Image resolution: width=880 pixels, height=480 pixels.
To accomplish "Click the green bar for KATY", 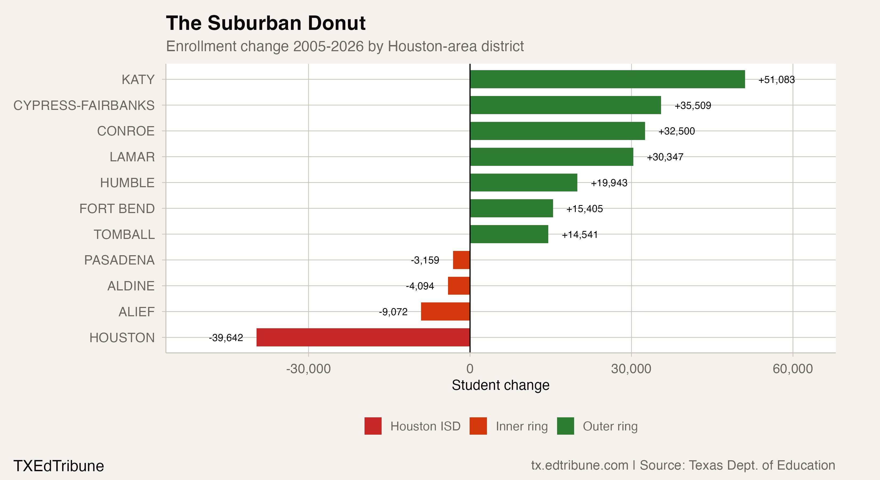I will [x=607, y=79].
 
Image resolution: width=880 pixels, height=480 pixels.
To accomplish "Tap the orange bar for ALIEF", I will [x=445, y=311].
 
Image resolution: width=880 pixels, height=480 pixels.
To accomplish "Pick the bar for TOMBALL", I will [x=509, y=234].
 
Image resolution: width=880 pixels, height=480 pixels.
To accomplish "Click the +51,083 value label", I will [x=776, y=80].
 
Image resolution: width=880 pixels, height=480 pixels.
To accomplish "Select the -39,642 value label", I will [x=226, y=338].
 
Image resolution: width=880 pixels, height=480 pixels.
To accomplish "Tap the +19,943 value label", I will [x=609, y=183].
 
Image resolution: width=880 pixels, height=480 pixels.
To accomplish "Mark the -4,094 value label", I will [x=420, y=286].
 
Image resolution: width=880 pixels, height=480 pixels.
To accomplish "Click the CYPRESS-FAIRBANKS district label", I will [x=84, y=105].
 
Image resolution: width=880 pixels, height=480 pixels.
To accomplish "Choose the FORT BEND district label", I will [x=117, y=208].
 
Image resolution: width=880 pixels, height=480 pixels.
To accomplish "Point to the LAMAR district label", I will [x=132, y=157].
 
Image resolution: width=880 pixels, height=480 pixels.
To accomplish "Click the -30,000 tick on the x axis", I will [x=308, y=369].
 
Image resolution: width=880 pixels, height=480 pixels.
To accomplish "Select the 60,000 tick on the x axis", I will [x=793, y=369].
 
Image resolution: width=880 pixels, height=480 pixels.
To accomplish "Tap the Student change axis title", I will [x=501, y=385].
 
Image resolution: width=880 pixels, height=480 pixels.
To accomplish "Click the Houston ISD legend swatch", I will [x=373, y=426].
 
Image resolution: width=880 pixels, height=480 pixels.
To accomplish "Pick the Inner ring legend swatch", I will [x=478, y=426].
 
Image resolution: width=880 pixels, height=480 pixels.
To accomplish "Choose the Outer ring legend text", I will [x=610, y=426].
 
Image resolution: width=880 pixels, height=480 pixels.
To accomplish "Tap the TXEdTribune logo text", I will [x=58, y=466].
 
